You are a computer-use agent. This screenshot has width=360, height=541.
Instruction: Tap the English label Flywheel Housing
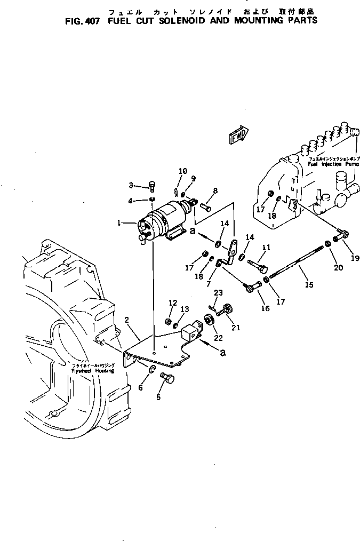coord(94,370)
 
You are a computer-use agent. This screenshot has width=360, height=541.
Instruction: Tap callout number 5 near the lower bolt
coord(157,397)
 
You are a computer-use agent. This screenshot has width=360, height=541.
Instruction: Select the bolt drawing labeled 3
coord(152,185)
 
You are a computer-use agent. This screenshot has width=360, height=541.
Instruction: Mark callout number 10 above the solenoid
coord(182,171)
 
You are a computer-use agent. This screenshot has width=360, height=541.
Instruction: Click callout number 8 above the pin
coord(215,190)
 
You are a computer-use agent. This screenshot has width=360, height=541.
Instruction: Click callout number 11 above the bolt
coord(266,248)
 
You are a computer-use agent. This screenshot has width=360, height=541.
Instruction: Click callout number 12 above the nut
coord(172,303)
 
